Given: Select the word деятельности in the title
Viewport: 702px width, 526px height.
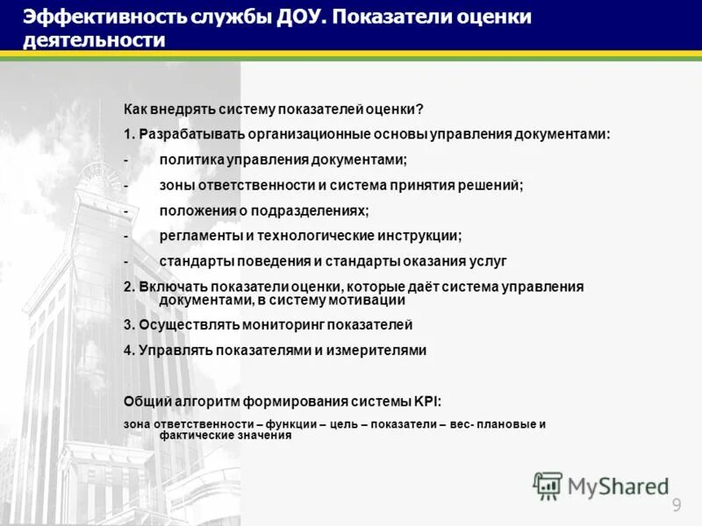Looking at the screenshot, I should [x=93, y=40].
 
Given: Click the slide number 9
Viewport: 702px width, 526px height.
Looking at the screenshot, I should [x=677, y=504].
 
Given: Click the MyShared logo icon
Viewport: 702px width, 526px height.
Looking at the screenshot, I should [x=548, y=486].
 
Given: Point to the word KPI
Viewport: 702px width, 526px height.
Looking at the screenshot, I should [x=426, y=402].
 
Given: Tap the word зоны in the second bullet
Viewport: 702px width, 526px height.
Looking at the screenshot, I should [x=176, y=185].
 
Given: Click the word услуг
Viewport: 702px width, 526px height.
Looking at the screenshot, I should [x=489, y=261].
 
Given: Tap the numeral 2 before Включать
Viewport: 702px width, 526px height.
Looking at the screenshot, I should [x=128, y=287].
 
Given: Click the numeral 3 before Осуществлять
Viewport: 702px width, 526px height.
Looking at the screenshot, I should [x=128, y=324].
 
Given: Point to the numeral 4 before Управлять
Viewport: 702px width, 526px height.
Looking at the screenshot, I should [x=128, y=350].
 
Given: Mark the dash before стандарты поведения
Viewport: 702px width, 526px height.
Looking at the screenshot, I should [x=126, y=261].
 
